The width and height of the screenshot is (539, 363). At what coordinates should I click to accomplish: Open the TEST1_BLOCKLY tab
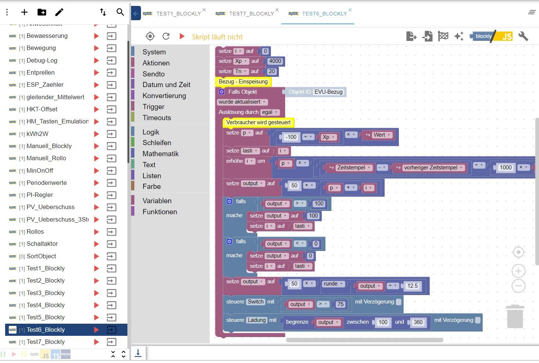point(178,14)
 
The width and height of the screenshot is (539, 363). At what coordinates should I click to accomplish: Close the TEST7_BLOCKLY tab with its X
point(277,10)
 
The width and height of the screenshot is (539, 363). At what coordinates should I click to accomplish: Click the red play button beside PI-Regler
point(96,195)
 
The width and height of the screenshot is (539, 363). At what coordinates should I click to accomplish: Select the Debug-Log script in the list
point(42,60)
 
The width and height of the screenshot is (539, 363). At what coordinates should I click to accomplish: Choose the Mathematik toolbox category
point(160,154)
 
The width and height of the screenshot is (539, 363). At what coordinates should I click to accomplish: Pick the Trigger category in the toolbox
point(153,107)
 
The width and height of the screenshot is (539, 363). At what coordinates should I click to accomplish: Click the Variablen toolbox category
point(157,201)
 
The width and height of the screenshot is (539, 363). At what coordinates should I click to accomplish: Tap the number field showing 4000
point(275,61)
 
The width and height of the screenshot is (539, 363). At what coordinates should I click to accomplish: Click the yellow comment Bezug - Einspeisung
point(243,82)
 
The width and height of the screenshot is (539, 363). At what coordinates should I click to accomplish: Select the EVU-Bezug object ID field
point(328,92)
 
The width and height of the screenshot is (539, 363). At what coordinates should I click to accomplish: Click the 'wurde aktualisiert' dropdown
point(242,102)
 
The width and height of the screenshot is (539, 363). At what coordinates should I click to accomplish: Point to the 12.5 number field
point(412,286)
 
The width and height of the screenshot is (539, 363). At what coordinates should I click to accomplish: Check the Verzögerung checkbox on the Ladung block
point(478,320)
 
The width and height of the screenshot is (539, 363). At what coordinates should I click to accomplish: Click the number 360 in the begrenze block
point(418,322)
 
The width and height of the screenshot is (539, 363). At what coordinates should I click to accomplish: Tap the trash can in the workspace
point(515,316)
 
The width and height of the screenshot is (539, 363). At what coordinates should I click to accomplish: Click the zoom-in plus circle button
point(518,271)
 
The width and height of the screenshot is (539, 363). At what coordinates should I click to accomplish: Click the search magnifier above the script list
point(120,12)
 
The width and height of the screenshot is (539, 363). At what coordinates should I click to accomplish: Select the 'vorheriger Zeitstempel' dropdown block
point(430,168)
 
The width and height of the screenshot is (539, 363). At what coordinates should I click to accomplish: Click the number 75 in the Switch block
point(340,304)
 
